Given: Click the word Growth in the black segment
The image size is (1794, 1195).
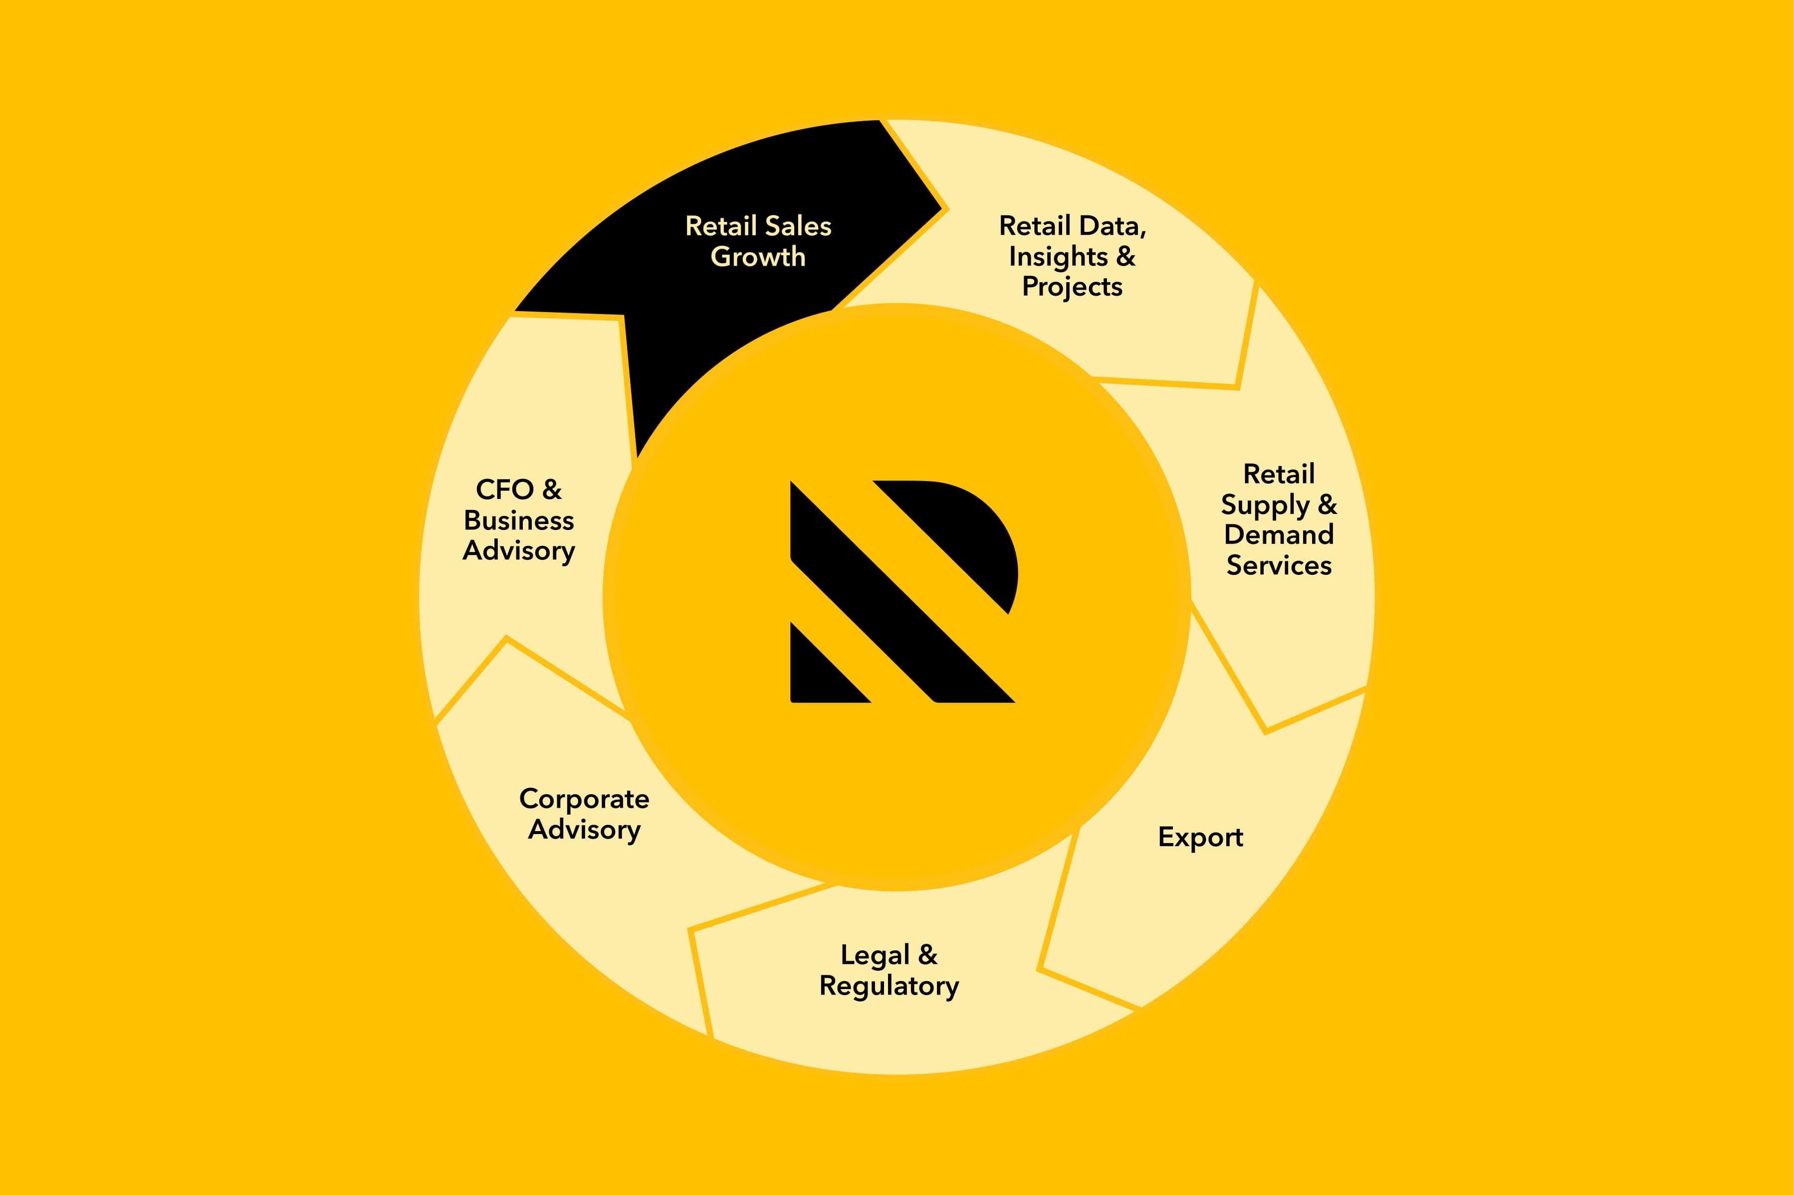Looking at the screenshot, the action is [x=758, y=257].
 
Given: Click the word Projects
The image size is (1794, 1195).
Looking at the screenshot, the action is [x=1072, y=287].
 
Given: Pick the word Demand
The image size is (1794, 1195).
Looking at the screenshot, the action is [x=1279, y=535].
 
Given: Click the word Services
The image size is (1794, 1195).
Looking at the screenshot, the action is [x=1279, y=565].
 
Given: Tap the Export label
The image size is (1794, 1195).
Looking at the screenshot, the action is [x=1200, y=837].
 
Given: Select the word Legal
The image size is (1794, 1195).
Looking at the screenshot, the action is [x=875, y=955].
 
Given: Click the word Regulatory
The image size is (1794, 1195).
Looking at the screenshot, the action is [x=889, y=986].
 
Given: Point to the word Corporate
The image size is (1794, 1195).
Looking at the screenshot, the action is [x=584, y=799].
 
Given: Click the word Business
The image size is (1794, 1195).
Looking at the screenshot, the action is [x=518, y=520].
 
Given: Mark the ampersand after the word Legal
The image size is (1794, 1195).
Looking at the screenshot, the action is [x=927, y=954].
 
